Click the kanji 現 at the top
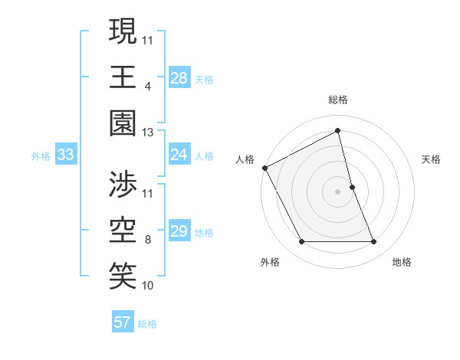[x=123, y=32]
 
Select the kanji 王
[x=123, y=77]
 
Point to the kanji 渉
[x=123, y=185]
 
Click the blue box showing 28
[x=179, y=78]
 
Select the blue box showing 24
[x=179, y=155]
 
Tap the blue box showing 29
[x=179, y=231]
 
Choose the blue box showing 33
[x=65, y=155]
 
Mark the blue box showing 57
[x=123, y=322]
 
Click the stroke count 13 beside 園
[x=148, y=133]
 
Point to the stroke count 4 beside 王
[x=147, y=86]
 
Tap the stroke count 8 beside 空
[x=147, y=239]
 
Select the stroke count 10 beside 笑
[x=148, y=286]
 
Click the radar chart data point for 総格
[x=338, y=131]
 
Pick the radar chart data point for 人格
[x=264, y=167]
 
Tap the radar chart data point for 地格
[x=374, y=242]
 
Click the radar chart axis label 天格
[x=432, y=159]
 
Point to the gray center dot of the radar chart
[x=338, y=191]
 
